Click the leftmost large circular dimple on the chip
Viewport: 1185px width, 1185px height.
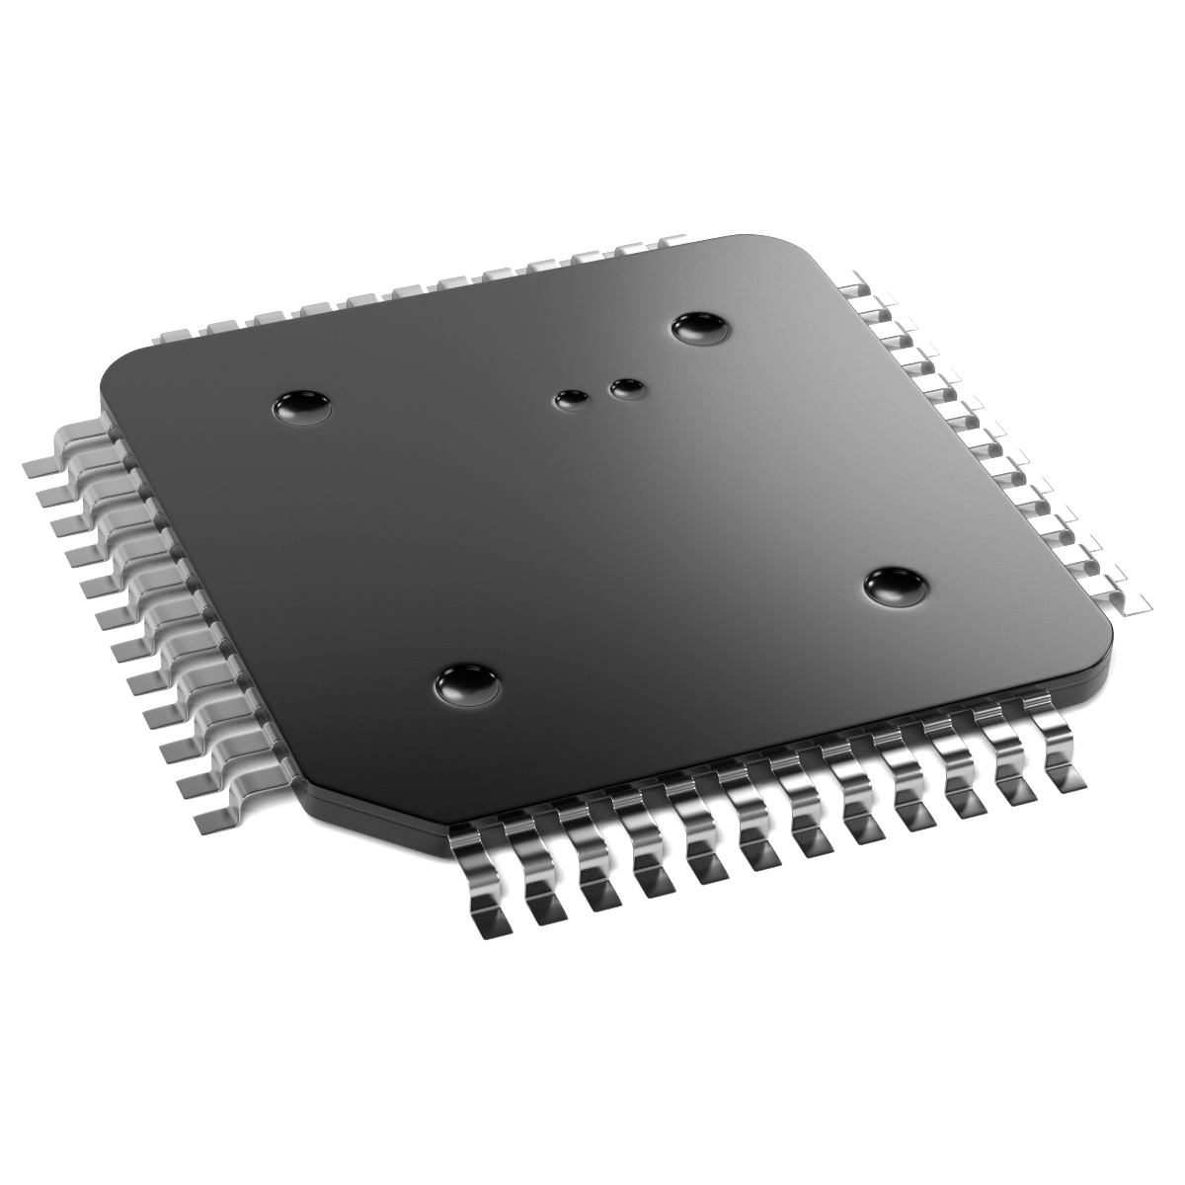click(x=303, y=406)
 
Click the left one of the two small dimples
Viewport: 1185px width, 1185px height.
click(x=572, y=400)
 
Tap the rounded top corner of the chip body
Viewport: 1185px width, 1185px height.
click(x=760, y=242)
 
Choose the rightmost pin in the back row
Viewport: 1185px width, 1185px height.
click(x=671, y=242)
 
